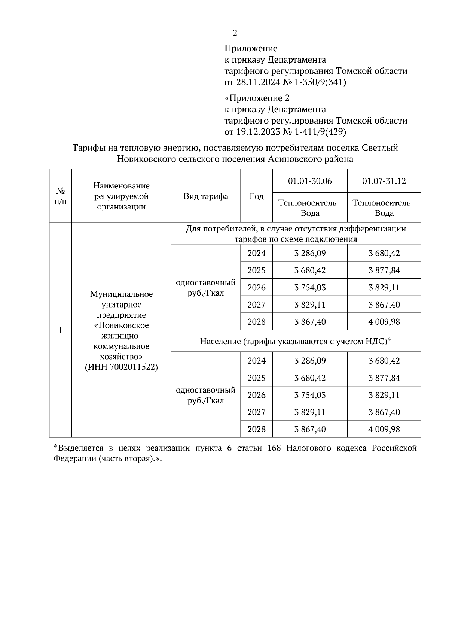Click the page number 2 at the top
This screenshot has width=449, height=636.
pyautogui.click(x=235, y=33)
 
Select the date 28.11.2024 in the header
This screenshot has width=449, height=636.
pyautogui.click(x=258, y=82)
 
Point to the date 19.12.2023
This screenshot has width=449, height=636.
pyautogui.click(x=258, y=132)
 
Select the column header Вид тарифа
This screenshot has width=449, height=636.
pyautogui.click(x=206, y=196)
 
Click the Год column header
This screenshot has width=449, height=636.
pyautogui.click(x=256, y=196)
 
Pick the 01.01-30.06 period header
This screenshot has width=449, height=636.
pyautogui.click(x=310, y=181)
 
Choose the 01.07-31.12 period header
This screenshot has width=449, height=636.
pyautogui.click(x=384, y=181)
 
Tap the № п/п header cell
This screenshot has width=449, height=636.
pyautogui.click(x=60, y=196)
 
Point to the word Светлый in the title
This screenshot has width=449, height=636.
pyautogui.click(x=380, y=148)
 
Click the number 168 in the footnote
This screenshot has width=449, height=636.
pyautogui.click(x=275, y=448)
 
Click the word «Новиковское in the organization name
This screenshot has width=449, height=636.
pyautogui.click(x=121, y=325)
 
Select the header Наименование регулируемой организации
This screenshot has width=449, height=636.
pyautogui.click(x=121, y=196)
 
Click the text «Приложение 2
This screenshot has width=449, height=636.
pyautogui.click(x=257, y=98)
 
